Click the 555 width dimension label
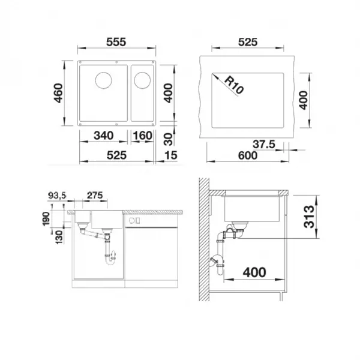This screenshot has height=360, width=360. pyautogui.click(x=116, y=42)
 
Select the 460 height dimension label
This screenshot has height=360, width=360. pyautogui.click(x=58, y=93)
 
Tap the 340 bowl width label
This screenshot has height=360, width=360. pyautogui.click(x=104, y=136)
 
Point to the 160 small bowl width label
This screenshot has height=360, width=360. pyautogui.click(x=142, y=136)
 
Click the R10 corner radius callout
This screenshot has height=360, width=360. pyautogui.click(x=233, y=85)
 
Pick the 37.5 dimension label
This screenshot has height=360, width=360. pyautogui.click(x=264, y=144)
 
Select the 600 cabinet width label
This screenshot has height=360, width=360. pyautogui.click(x=248, y=155)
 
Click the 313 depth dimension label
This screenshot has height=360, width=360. pyautogui.click(x=309, y=217)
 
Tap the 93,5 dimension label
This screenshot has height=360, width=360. pyautogui.click(x=57, y=196)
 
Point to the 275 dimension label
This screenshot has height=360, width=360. pyautogui.click(x=95, y=196)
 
